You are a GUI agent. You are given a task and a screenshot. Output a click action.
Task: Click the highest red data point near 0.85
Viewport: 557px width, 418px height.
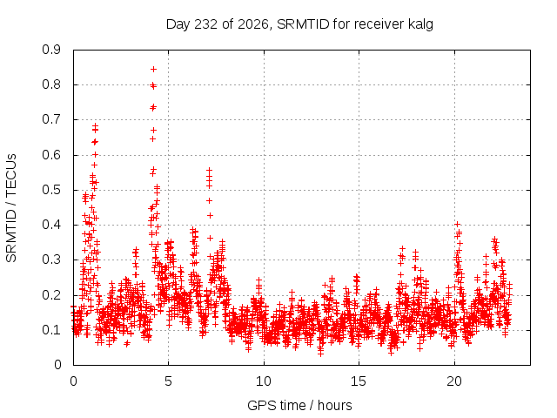153,70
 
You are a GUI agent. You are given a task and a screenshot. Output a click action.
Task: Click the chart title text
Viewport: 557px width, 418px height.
299,24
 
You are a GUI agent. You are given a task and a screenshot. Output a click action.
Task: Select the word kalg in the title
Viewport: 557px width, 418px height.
420,24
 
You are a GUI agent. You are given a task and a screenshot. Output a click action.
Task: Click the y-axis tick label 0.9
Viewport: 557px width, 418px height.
51,50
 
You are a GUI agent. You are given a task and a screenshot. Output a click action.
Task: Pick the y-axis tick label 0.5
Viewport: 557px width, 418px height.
51,190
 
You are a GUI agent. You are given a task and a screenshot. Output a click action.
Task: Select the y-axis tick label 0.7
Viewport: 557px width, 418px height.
51,119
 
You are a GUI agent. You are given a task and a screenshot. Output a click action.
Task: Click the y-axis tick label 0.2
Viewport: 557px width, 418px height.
51,295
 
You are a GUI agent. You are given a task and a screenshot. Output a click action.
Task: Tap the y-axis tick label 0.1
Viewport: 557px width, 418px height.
51,330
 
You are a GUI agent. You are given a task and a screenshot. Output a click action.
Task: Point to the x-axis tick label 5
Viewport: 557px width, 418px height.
168,381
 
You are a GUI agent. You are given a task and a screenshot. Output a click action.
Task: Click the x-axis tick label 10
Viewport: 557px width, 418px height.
264,381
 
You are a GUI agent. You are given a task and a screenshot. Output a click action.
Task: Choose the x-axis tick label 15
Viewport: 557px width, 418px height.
359,381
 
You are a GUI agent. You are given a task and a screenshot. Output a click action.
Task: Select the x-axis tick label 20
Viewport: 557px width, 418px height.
454,381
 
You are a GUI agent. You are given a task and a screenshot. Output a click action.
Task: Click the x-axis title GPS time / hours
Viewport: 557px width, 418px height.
299,405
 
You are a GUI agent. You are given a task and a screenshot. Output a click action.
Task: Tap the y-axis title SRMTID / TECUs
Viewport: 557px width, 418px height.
11,208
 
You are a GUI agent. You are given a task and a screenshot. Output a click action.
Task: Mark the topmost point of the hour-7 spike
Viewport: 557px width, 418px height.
210,170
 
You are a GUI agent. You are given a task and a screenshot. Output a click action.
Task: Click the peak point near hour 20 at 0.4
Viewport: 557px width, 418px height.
458,224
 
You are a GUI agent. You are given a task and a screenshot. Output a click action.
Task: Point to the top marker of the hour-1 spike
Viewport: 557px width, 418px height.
95,125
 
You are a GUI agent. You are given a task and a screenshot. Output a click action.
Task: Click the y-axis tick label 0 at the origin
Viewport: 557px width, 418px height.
57,365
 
